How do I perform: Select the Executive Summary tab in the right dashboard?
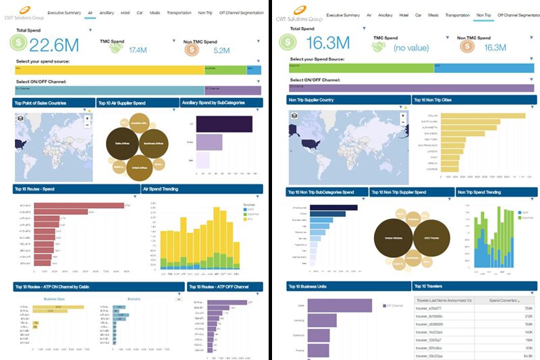tap(344, 14)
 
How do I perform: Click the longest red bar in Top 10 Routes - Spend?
tap(80, 205)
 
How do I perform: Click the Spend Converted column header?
tap(503, 300)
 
